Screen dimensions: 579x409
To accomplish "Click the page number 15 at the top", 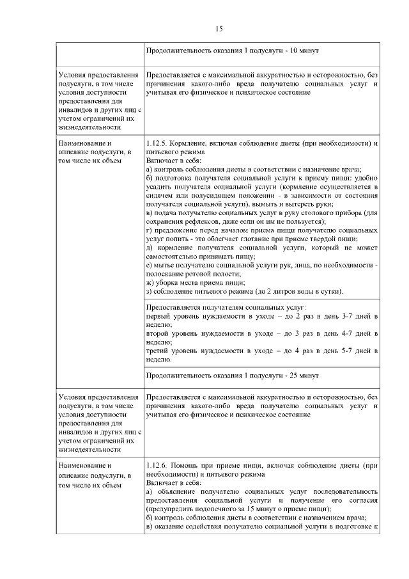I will pos(219,29).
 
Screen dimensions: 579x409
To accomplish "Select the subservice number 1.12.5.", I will pos(157,144).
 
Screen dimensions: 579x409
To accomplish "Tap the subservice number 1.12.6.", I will pos(157,466).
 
